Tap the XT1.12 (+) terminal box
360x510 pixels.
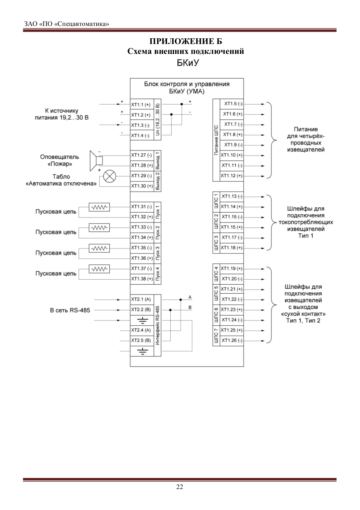[232, 176]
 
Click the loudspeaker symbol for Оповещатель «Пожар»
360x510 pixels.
[96, 160]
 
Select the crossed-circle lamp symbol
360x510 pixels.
[109, 176]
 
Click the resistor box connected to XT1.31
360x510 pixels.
[99, 207]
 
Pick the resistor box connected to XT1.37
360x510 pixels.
[99, 269]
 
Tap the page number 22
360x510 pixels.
[180, 487]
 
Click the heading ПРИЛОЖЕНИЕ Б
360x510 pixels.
[186, 41]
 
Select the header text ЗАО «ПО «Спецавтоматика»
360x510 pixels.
[67, 24]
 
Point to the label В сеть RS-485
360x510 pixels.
[70, 311]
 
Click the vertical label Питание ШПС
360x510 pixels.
[216, 140]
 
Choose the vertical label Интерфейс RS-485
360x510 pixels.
[157, 325]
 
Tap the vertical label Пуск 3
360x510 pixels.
[157, 253]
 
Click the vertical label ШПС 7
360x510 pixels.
[216, 336]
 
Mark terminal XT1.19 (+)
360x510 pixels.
[232, 269]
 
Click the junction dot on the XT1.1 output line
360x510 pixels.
[182, 104]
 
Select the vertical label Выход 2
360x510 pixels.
[157, 181]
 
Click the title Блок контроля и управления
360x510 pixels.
[187, 84]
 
